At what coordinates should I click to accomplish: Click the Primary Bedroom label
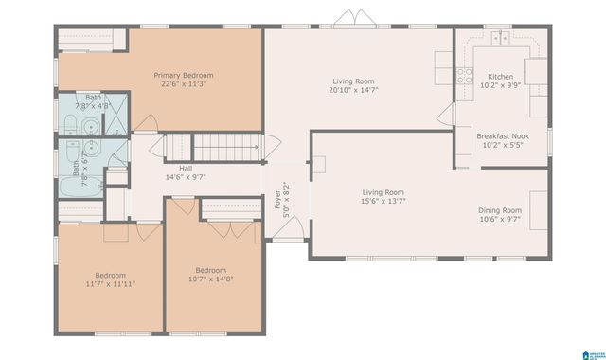(185, 75)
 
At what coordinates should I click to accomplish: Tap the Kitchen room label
(500, 77)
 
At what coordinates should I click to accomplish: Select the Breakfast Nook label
(502, 136)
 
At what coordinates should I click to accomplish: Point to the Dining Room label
(499, 210)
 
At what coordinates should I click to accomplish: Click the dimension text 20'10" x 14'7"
(355, 91)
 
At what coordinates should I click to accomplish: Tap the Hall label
(186, 168)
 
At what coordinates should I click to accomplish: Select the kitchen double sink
(501, 38)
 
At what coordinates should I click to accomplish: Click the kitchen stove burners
(464, 76)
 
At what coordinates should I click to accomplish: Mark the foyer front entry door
(290, 225)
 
